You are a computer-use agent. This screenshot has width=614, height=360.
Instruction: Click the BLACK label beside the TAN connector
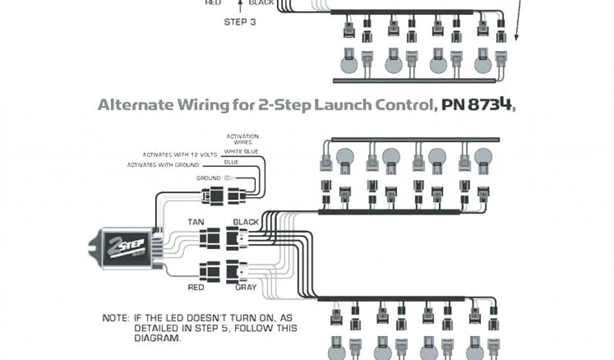[x=245, y=221]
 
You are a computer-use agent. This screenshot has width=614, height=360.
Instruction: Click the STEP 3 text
[x=240, y=22]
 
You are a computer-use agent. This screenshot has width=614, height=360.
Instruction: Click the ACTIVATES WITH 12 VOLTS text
[x=179, y=155]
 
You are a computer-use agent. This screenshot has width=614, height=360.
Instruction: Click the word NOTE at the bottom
[x=114, y=318]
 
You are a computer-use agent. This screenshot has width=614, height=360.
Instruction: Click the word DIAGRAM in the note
[x=156, y=338]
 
